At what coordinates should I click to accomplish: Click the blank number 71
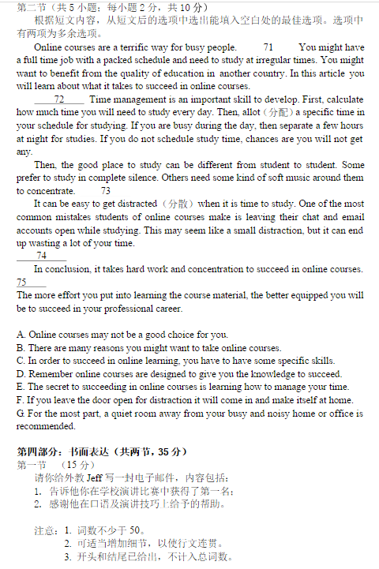(x=268, y=47)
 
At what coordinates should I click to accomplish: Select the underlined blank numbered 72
(x=59, y=99)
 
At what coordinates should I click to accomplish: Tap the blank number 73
(x=106, y=191)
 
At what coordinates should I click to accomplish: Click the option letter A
(x=21, y=335)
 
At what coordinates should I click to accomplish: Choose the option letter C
(x=21, y=361)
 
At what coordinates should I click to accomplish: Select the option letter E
(x=21, y=387)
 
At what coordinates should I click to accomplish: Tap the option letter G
(x=21, y=413)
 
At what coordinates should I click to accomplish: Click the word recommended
(x=47, y=426)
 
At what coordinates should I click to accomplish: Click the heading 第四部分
(x=38, y=451)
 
